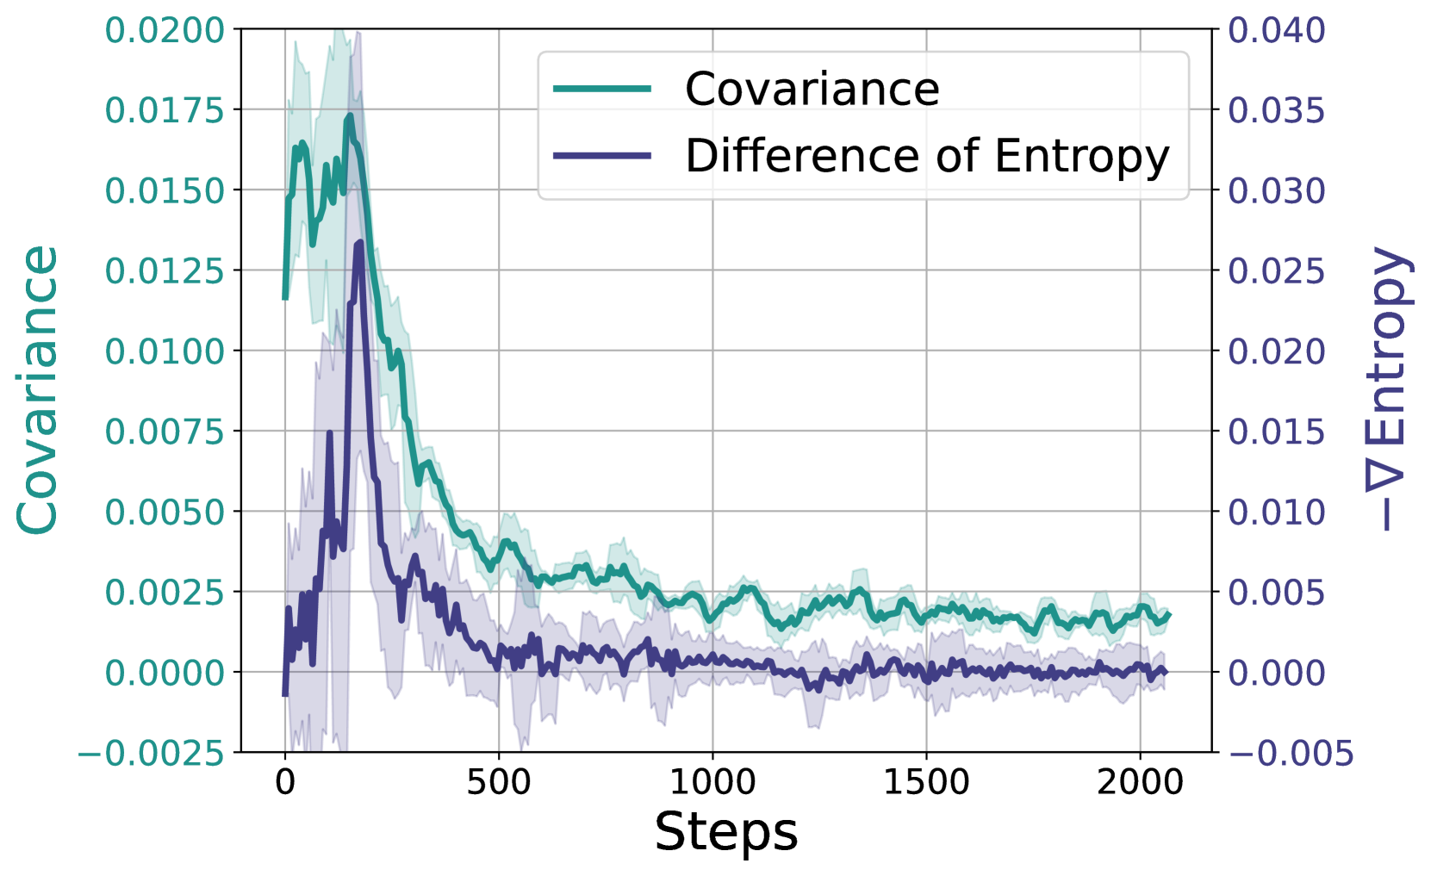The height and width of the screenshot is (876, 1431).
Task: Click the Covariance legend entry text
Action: (812, 89)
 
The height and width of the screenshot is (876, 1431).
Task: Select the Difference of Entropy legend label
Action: (927, 156)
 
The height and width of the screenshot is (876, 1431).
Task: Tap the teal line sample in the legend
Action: (602, 89)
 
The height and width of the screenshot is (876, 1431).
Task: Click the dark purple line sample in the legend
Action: (602, 156)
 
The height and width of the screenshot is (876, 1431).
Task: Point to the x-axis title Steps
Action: (725, 832)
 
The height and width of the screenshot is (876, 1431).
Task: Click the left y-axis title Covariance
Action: (38, 390)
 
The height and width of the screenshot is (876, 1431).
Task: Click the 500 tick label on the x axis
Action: (498, 782)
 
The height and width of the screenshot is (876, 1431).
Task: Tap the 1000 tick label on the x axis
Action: (712, 782)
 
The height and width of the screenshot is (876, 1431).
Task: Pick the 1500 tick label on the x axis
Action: (926, 782)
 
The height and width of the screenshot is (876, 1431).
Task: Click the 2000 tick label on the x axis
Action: (1140, 782)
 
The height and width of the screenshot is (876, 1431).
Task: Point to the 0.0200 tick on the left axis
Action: (165, 31)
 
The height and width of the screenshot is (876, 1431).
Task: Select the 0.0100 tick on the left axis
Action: (165, 351)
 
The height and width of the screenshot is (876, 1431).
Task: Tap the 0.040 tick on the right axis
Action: (1276, 31)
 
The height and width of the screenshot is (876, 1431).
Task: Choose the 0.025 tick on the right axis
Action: (1276, 271)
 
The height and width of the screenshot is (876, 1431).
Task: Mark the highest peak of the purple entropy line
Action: (359, 243)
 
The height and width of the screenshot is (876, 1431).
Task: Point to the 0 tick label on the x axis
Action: (285, 782)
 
